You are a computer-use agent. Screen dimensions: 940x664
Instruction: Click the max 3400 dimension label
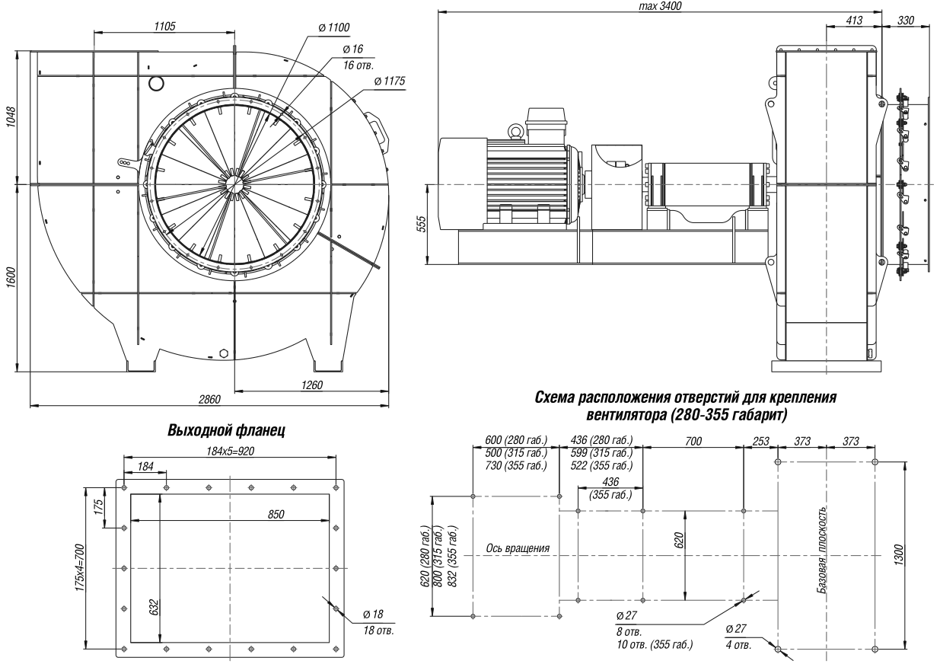tap(660, 6)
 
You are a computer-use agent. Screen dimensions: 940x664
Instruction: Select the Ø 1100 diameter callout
tap(333, 27)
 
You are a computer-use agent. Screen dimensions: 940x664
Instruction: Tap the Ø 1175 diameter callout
tap(390, 81)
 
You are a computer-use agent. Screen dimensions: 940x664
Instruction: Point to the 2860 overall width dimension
tap(209, 399)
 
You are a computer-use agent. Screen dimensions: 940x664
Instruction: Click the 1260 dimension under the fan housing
tap(312, 385)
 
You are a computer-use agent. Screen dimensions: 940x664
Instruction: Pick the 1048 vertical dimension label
tap(11, 117)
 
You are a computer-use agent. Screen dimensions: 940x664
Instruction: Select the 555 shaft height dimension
tap(422, 224)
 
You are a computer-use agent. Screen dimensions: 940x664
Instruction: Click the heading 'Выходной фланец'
tap(226, 431)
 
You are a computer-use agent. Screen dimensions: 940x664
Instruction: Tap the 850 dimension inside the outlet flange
tap(276, 514)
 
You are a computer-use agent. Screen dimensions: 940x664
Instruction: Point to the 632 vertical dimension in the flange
tap(154, 608)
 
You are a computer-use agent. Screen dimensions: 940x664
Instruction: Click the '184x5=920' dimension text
tap(230, 451)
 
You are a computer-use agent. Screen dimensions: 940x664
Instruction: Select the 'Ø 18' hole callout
tap(373, 614)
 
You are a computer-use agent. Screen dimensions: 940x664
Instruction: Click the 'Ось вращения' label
tap(518, 548)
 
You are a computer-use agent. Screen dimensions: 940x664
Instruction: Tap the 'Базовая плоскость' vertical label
tap(822, 550)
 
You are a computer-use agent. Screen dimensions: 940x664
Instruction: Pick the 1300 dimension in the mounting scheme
tap(897, 555)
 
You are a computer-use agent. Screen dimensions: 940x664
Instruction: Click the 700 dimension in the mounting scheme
tap(693, 441)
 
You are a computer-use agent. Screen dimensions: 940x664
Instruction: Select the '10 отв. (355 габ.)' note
tap(655, 645)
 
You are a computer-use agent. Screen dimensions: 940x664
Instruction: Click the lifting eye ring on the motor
tap(515, 132)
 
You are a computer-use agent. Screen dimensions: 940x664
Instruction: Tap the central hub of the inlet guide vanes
tap(234, 184)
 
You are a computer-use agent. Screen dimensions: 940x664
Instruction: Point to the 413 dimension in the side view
tap(854, 20)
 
